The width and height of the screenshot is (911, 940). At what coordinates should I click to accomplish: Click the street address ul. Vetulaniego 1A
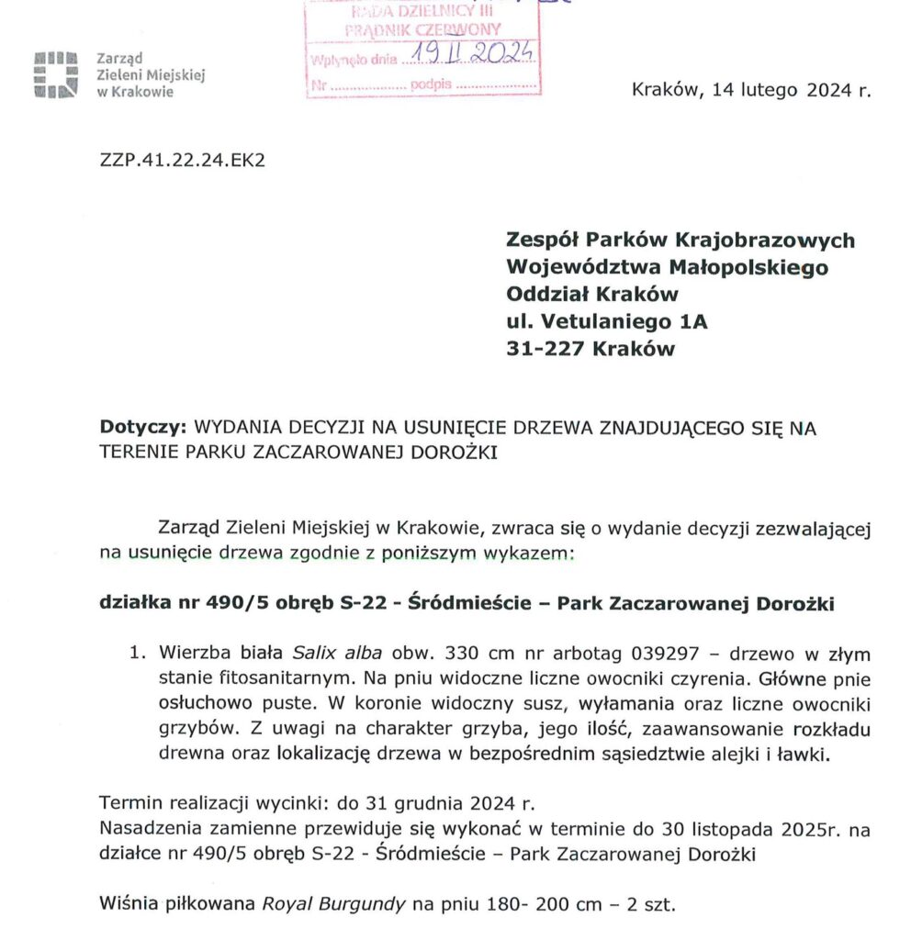click(x=607, y=321)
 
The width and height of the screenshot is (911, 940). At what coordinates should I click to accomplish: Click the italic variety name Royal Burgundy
click(x=333, y=904)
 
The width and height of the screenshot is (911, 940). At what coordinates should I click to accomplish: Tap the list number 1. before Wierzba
click(x=138, y=655)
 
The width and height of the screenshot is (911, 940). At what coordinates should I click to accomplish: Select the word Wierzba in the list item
click(x=192, y=655)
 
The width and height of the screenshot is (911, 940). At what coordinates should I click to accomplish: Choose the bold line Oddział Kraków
click(x=592, y=295)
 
